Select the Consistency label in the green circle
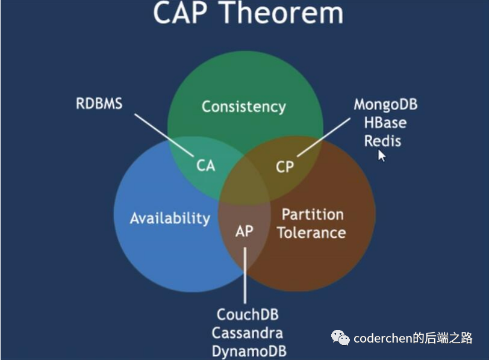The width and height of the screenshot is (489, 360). (243, 107)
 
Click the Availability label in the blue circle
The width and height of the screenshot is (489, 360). (170, 217)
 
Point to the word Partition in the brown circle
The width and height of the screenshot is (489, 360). (313, 214)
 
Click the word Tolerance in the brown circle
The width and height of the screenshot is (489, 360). (311, 232)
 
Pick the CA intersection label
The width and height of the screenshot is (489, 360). (206, 165)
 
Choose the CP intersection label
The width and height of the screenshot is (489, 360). (284, 166)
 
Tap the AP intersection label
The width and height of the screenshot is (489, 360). (244, 231)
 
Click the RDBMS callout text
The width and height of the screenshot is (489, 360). (99, 104)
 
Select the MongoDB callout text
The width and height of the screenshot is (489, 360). (385, 104)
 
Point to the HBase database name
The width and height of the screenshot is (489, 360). (385, 123)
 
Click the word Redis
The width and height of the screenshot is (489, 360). (382, 141)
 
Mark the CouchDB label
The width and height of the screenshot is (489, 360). (248, 314)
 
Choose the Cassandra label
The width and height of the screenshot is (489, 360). (248, 333)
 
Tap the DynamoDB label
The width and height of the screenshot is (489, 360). (249, 351)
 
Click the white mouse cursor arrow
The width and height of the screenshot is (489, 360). (381, 155)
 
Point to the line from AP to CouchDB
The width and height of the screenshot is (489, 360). (244, 274)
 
